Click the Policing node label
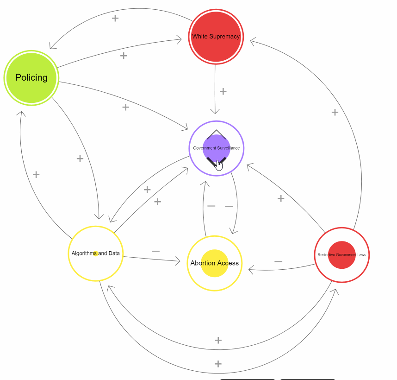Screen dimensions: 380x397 pos(31,77)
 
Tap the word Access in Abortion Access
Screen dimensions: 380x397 pos(228,263)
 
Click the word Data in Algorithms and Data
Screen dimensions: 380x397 pos(114,253)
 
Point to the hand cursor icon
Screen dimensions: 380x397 pos(219,165)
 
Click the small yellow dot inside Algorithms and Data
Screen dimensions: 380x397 pos(95,253)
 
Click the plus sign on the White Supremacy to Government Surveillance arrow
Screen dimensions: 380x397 pos(223,91)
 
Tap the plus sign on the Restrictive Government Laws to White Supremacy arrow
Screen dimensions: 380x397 pos(335,112)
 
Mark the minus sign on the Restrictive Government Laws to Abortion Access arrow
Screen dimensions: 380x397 pos(278,261)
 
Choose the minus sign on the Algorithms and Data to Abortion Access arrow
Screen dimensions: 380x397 pos(155,251)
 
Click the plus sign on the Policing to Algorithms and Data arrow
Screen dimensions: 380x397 pos(80,158)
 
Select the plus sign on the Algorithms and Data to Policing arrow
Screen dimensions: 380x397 pos(36,175)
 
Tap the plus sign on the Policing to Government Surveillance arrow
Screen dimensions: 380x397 pos(125,107)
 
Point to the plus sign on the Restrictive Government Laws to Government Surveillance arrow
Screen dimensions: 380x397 pos(281,198)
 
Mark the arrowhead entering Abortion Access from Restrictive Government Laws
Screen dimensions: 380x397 pos(251,269)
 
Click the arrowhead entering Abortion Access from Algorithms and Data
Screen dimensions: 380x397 pos(177,261)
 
